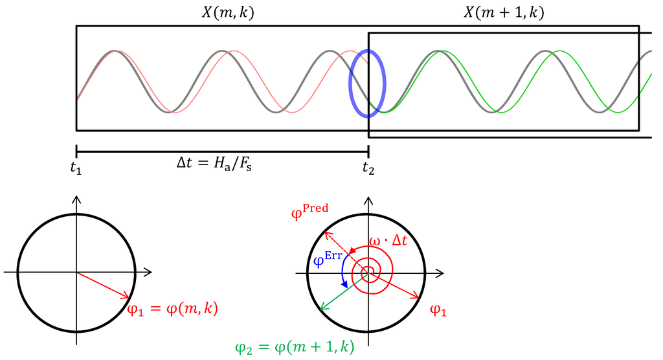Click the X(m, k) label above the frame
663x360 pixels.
[x=223, y=13]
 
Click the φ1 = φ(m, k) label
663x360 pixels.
[x=172, y=309]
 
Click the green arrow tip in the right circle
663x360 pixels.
[x=322, y=309]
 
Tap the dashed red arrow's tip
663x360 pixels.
[x=325, y=231]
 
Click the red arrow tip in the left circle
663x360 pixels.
[x=129, y=297]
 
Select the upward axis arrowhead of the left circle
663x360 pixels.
[x=77, y=198]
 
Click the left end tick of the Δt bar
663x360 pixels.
[x=76, y=152]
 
